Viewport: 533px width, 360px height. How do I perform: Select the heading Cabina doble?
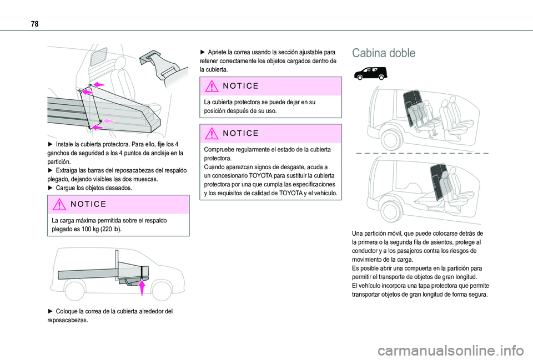(383, 53)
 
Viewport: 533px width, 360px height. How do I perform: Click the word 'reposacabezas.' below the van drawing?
(68, 320)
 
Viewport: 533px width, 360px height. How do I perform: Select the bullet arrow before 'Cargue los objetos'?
(51, 188)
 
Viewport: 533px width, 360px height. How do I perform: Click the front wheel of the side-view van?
(161, 290)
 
